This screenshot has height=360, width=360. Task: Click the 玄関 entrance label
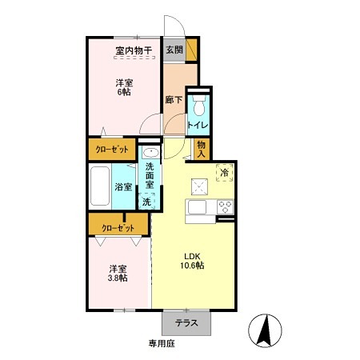coord(174,50)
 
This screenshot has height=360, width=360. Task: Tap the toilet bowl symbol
coord(199,106)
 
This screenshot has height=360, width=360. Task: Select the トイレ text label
coord(198,125)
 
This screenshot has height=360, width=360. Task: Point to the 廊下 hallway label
coord(174,100)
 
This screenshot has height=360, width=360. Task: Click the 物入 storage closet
coord(202,150)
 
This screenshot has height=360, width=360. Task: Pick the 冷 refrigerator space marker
coord(225,173)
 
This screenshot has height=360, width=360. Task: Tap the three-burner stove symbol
coord(226,207)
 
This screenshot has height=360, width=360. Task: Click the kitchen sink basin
coord(197,207)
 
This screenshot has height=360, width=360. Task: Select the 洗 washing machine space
coord(146,202)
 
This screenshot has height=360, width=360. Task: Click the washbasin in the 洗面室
coord(150,153)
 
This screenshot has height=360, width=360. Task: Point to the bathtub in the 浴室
coord(100,186)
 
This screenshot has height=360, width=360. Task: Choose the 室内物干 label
coord(134,50)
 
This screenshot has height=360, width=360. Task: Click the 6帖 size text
coord(124,92)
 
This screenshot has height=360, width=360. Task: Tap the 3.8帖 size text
coord(118,278)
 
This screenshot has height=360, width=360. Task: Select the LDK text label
coord(193,256)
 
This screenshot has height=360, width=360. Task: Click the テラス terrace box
coord(186,323)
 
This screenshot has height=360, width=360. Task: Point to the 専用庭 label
coord(162,343)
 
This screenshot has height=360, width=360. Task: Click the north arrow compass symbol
coord(265,330)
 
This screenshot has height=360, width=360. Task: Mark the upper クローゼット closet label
coord(112,150)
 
